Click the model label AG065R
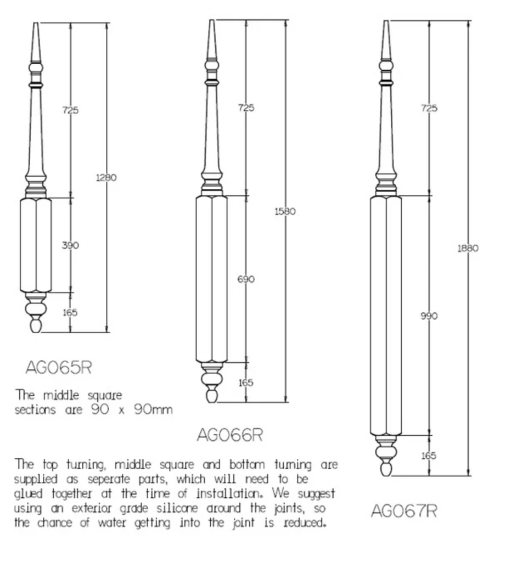pyautogui.click(x=59, y=367)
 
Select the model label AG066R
pyautogui.click(x=230, y=435)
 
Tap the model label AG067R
pyautogui.click(x=404, y=511)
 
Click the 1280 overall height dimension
pyautogui.click(x=106, y=177)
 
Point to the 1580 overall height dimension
pyautogui.click(x=285, y=211)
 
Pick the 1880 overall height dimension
pyautogui.click(x=468, y=248)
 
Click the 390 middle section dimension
pyautogui.click(x=70, y=245)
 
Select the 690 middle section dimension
pyautogui.click(x=246, y=279)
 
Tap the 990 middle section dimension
pyautogui.click(x=429, y=316)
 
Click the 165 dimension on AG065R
pyautogui.click(x=70, y=312)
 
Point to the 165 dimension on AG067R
pyautogui.click(x=428, y=456)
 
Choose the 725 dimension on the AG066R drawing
pyautogui.click(x=246, y=108)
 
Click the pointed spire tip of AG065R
pyautogui.click(x=36, y=23)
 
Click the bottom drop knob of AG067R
pyautogui.click(x=386, y=469)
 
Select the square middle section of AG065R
pyautogui.click(x=36, y=245)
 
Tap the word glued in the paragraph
pyautogui.click(x=28, y=494)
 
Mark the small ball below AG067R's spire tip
pyautogui.click(x=386, y=66)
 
